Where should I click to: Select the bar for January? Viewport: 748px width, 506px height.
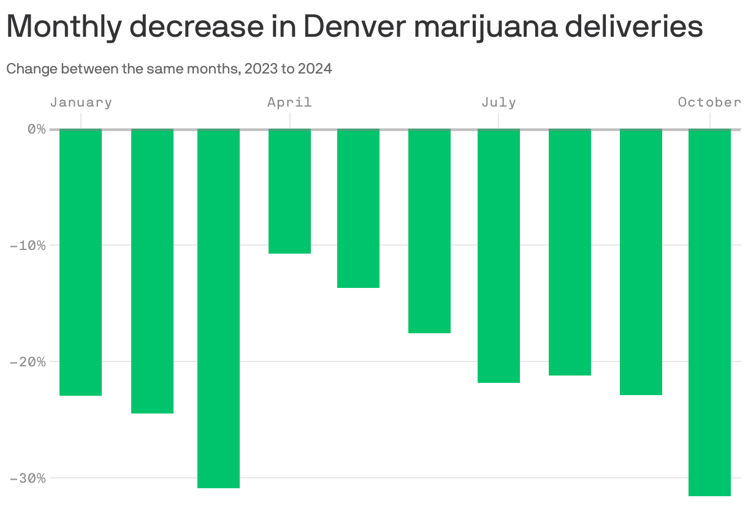(x=80, y=262)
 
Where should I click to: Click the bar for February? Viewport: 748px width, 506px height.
(x=152, y=271)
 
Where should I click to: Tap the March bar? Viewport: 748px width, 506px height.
(x=218, y=309)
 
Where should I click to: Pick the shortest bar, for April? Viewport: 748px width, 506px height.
(x=290, y=191)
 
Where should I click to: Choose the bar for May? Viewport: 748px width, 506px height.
(x=359, y=208)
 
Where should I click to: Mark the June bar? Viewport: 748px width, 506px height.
(x=430, y=231)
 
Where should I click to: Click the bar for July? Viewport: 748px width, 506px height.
(x=498, y=256)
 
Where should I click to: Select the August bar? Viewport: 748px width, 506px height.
(x=570, y=252)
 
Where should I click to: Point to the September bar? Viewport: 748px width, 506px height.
(x=641, y=262)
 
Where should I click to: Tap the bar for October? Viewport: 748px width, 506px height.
(x=709, y=312)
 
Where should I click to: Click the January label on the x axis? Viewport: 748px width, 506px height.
(x=81, y=102)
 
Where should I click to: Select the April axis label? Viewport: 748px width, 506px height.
(x=289, y=102)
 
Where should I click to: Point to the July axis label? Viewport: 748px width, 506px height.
(x=498, y=102)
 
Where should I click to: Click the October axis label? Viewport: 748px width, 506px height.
(x=709, y=102)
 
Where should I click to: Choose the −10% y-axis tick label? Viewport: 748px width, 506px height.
(x=28, y=245)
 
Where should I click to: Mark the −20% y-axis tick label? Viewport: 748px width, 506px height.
(x=28, y=361)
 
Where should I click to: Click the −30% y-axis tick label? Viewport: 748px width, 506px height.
(x=28, y=478)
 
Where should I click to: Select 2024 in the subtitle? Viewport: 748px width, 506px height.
(x=315, y=69)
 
